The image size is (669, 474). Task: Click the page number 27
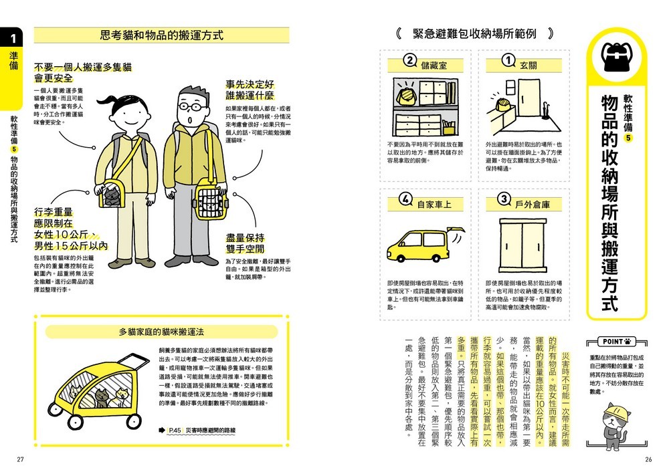[x=20, y=459]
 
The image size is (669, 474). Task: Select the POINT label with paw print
[x=616, y=341]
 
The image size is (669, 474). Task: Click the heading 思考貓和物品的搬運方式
[x=161, y=35]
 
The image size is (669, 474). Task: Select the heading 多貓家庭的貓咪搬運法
[x=161, y=331]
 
